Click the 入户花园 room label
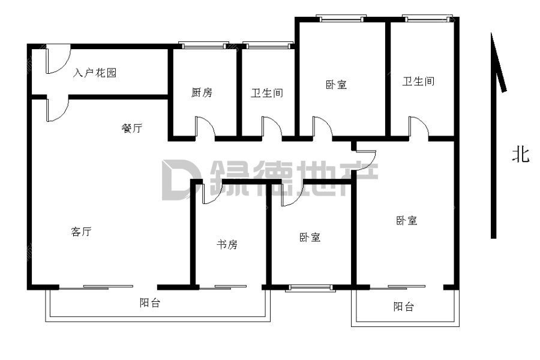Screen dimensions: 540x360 click(95, 73)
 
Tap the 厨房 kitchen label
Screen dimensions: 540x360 click(202, 92)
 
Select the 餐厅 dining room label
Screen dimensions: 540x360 click(132, 128)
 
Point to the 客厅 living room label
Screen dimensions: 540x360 click(81, 232)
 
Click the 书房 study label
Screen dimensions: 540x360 click(227, 245)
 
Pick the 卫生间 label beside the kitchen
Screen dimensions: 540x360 click(267, 93)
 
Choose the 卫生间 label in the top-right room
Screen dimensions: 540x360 click(418, 82)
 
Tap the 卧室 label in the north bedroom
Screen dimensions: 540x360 click(336, 85)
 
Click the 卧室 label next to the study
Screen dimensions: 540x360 click(310, 238)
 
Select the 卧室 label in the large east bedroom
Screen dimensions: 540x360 click(407, 220)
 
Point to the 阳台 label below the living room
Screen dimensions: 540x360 click(150, 303)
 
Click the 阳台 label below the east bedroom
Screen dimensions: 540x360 click(404, 307)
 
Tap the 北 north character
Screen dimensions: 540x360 click(520, 154)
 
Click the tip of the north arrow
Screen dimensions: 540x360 click(491, 33)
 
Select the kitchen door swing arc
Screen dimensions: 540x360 click(205, 127)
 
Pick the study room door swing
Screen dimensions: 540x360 click(211, 192)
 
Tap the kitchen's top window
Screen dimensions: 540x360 click(204, 46)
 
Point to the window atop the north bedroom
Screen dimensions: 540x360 click(341, 19)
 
